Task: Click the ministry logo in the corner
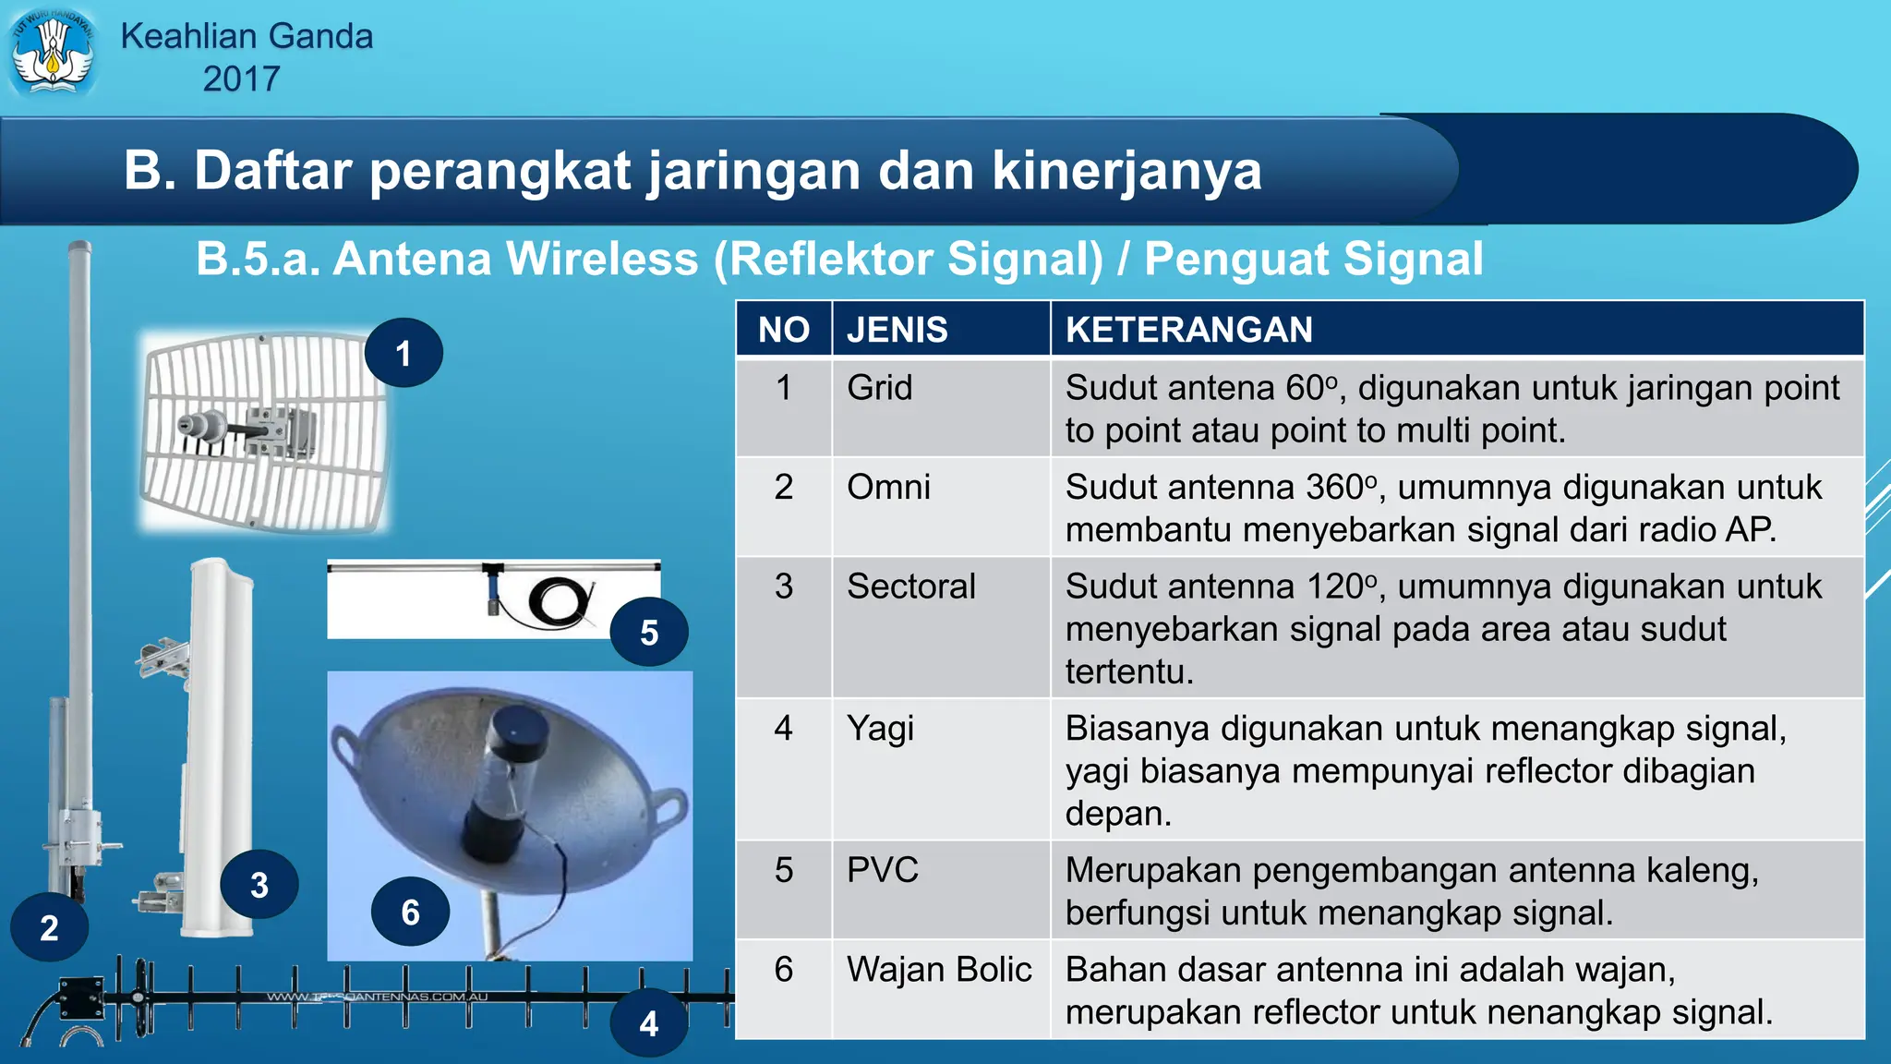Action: click(x=53, y=53)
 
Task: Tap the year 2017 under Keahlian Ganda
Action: click(x=241, y=79)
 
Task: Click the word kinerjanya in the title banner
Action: click(x=1126, y=171)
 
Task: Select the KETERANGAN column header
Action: click(x=1188, y=330)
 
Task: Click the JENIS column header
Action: click(x=897, y=330)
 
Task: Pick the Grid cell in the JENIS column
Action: click(x=879, y=388)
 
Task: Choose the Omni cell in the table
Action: click(x=888, y=488)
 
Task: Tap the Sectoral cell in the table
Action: click(x=910, y=586)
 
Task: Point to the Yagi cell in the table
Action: click(x=880, y=729)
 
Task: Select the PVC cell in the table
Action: click(x=882, y=870)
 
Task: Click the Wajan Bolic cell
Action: click(x=938, y=970)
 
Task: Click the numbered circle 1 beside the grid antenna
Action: click(x=403, y=353)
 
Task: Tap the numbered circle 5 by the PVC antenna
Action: click(x=649, y=633)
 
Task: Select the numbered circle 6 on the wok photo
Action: click(x=410, y=913)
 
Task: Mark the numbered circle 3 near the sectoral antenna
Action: click(x=259, y=885)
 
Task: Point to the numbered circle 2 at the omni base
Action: click(x=50, y=927)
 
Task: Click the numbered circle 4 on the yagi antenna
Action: click(x=649, y=1023)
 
